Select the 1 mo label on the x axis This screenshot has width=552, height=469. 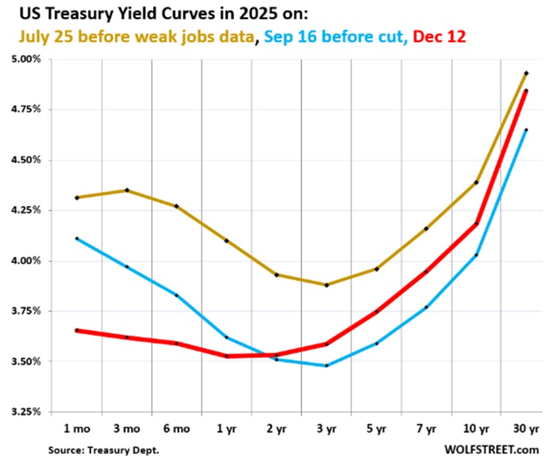point(77,430)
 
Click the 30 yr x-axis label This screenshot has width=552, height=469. point(526,430)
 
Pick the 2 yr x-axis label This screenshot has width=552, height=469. point(276,430)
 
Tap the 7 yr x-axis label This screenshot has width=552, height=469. point(426,430)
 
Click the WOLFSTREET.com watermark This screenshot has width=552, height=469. point(490,450)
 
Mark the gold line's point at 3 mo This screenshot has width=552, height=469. point(127,190)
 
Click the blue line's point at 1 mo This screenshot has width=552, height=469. point(77,239)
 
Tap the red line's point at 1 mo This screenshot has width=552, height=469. point(77,331)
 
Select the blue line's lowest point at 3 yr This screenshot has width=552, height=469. point(326,365)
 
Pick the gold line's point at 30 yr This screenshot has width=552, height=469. point(526,73)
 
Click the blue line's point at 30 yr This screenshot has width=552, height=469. point(526,130)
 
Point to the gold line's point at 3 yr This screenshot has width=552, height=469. point(326,285)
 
